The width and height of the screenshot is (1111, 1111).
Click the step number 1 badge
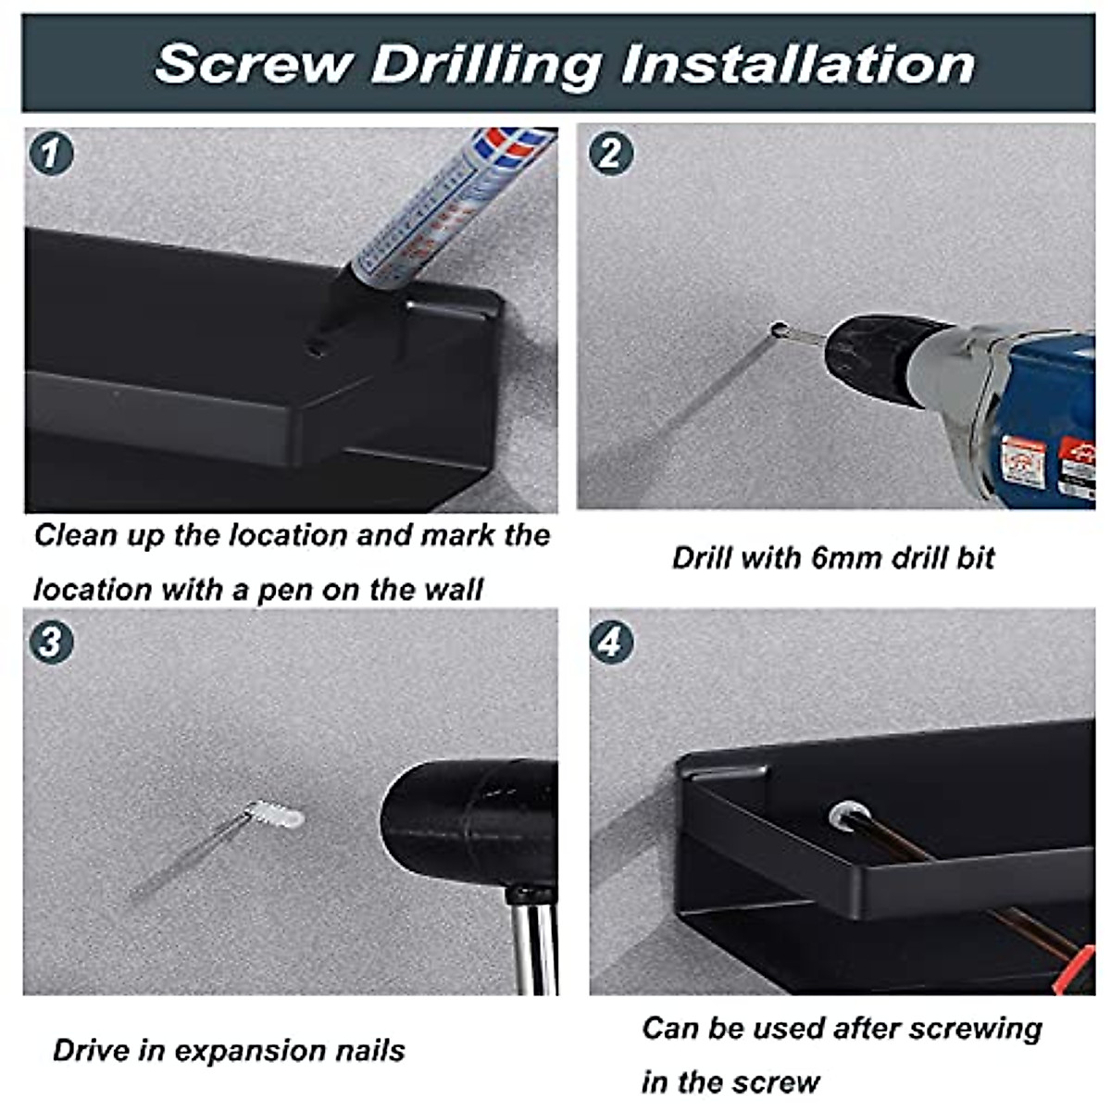coord(51,154)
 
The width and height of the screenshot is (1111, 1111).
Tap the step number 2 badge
coord(611,154)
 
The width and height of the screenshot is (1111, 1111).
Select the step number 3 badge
coord(51,642)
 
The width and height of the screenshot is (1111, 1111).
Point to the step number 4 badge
coord(611,642)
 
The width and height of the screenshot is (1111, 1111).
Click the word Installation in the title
coord(798,64)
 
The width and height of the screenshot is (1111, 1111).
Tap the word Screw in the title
coord(254,64)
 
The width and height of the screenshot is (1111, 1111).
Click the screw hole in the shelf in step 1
coord(316,348)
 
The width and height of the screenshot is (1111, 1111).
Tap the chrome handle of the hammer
coord(536,945)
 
